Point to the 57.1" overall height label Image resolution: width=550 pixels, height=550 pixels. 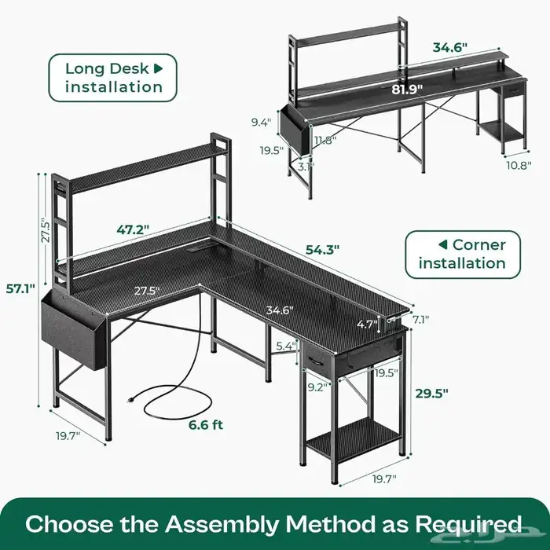coord(20,288)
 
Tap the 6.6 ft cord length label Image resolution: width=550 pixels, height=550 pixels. coord(204,425)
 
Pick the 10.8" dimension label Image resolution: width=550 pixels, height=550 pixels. coord(518,165)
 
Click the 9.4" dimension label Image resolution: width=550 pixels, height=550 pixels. coord(262,122)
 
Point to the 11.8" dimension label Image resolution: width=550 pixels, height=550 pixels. coord(324,141)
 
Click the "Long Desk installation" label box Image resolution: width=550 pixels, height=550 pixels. coord(114,77)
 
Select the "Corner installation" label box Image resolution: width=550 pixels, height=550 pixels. coord(462,253)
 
